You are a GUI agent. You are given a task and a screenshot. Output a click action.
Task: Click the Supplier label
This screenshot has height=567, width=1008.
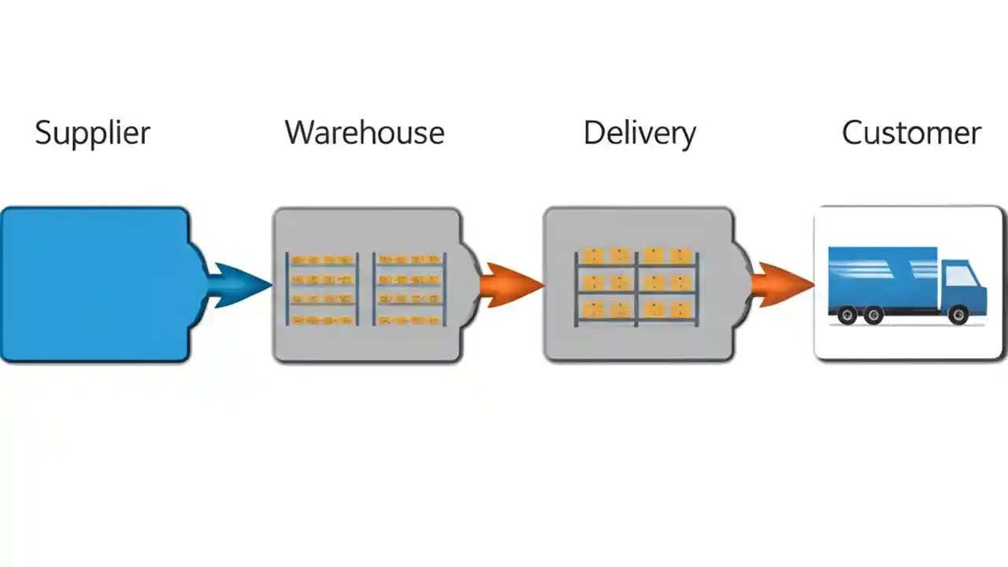[92, 132]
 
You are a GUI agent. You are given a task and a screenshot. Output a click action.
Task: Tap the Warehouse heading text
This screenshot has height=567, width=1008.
[365, 132]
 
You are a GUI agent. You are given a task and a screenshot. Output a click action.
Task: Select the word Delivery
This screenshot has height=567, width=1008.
[639, 133]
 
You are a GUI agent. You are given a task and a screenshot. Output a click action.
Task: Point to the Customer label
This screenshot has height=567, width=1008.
[911, 132]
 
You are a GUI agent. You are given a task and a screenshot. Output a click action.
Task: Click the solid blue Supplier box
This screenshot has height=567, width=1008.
[94, 284]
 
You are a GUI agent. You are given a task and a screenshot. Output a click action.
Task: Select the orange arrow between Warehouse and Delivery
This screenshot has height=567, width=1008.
[512, 284]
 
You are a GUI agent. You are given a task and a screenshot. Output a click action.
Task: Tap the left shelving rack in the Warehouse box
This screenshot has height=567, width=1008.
[322, 289]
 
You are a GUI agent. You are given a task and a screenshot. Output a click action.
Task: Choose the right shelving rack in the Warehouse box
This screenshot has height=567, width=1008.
[409, 289]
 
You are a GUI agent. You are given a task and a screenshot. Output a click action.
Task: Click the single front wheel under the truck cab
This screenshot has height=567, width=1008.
[958, 316]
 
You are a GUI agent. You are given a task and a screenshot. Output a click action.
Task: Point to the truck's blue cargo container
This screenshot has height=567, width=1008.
[882, 276]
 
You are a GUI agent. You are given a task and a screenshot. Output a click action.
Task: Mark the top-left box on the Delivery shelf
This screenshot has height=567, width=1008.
[593, 256]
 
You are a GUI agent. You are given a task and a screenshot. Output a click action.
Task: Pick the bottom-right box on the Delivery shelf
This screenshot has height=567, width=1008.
[680, 309]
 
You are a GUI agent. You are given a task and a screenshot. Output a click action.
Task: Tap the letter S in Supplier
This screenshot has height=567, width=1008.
[43, 132]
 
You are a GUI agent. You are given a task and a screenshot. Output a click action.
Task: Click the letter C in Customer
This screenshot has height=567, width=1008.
[852, 132]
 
